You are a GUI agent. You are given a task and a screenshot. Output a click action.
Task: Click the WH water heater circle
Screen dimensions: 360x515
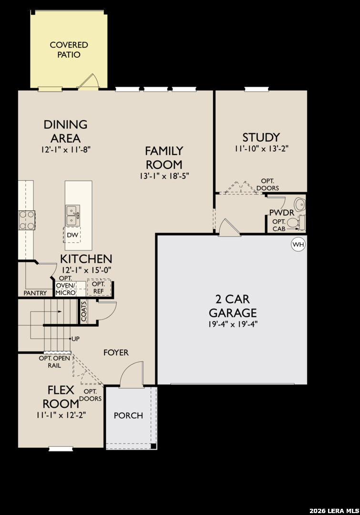click(x=298, y=244)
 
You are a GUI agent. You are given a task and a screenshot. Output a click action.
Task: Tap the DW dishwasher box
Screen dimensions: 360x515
click(x=72, y=235)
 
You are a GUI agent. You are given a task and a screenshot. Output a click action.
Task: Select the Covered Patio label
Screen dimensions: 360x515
click(x=69, y=50)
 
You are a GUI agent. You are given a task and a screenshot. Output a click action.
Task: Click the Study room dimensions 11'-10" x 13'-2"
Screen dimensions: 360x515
click(x=261, y=148)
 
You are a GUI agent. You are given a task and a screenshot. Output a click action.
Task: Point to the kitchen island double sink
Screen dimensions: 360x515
click(x=72, y=216)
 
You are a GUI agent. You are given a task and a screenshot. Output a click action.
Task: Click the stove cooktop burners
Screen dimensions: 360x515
click(x=27, y=220)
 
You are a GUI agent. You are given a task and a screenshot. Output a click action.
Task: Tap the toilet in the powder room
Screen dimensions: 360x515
click(x=296, y=223)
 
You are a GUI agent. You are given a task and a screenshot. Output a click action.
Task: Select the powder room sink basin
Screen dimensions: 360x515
click(x=299, y=204)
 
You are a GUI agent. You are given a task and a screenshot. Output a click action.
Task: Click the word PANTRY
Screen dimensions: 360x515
click(x=35, y=293)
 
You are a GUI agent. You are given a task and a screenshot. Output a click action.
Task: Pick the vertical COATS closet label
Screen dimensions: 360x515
click(x=83, y=311)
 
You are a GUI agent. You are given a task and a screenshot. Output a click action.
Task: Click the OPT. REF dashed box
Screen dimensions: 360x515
click(x=99, y=288)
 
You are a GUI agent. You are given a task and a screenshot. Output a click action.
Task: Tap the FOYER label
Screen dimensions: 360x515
click(x=116, y=352)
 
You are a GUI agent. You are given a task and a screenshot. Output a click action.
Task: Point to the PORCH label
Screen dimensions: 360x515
click(x=128, y=415)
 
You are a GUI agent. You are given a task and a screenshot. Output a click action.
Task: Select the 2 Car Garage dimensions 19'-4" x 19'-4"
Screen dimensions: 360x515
click(x=233, y=324)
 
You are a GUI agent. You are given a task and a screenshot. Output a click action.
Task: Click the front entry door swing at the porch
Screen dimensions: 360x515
click(x=132, y=374)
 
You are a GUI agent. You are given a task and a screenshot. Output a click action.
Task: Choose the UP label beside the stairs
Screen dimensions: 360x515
click(x=75, y=339)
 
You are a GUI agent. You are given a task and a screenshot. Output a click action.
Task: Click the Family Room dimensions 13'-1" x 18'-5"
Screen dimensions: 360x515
click(x=164, y=176)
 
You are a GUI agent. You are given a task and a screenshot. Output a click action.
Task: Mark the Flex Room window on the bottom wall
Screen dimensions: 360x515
click(x=61, y=449)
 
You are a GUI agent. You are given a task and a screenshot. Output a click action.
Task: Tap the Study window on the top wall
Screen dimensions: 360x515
click(x=257, y=89)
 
